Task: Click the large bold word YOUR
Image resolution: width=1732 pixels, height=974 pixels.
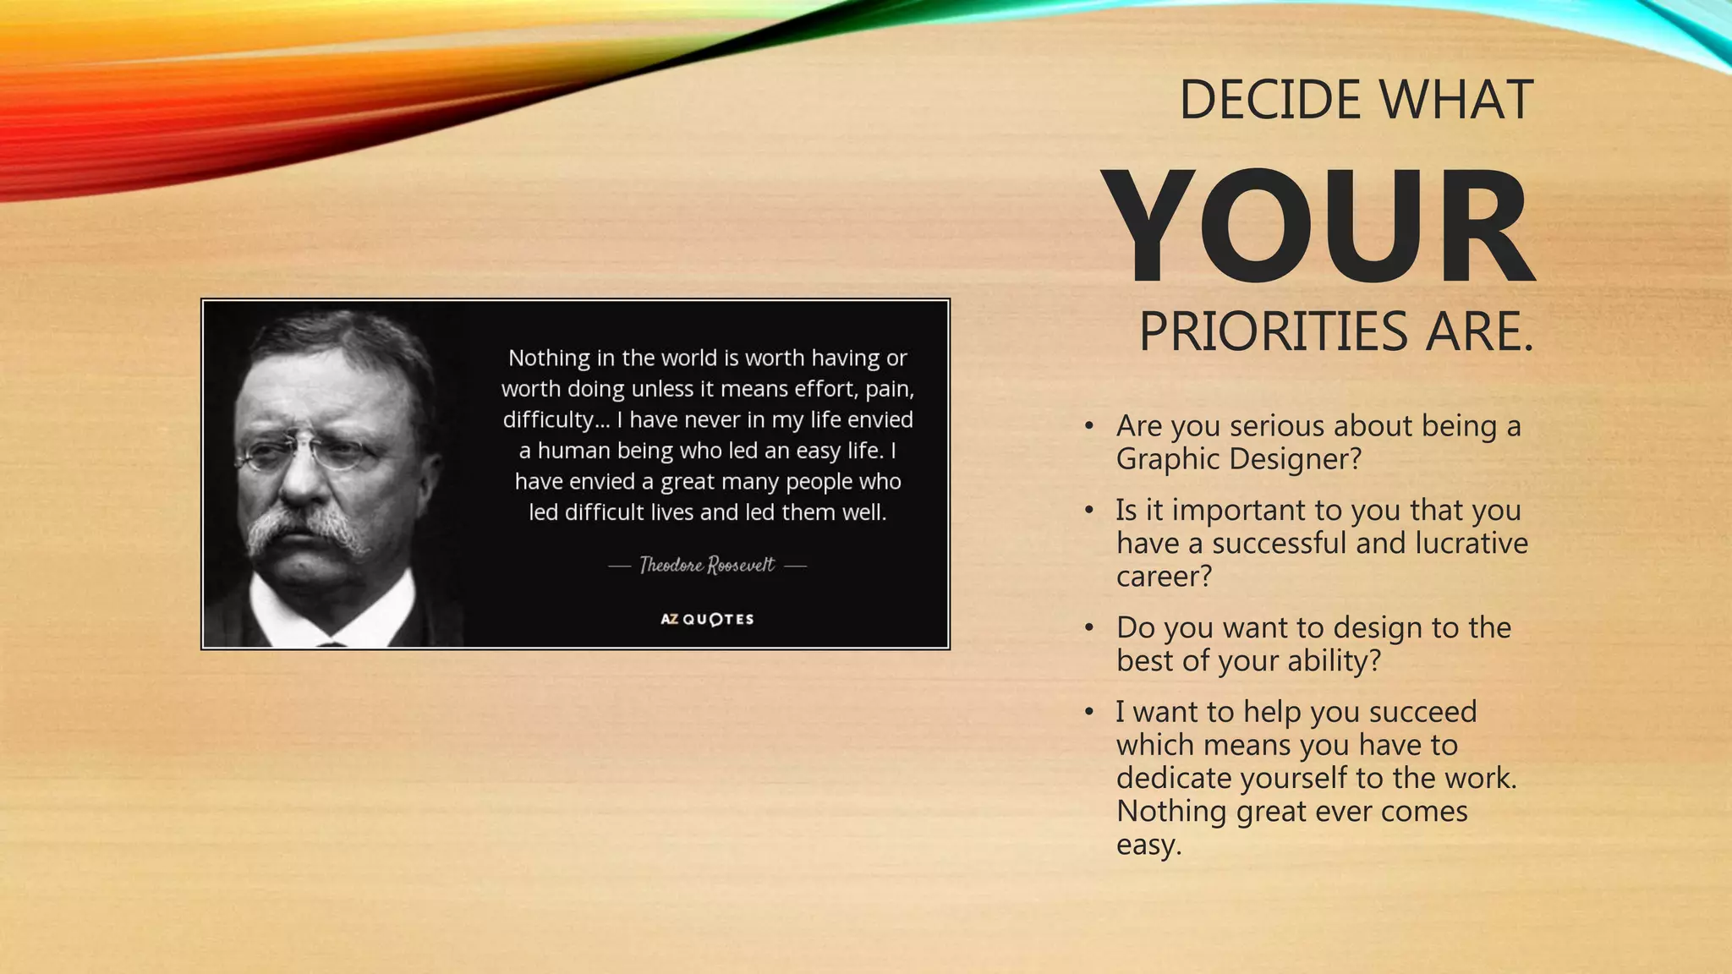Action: click(1318, 227)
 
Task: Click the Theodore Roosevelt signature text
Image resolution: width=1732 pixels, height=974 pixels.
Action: click(707, 565)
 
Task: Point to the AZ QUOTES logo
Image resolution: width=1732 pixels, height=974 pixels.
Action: click(707, 619)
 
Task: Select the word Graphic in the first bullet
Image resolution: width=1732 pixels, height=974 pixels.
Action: click(1168, 459)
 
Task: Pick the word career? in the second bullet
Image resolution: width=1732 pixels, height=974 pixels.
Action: click(1164, 577)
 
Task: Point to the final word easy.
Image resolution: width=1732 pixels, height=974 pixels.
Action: click(1148, 845)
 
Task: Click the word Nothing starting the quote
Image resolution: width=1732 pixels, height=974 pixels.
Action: click(549, 358)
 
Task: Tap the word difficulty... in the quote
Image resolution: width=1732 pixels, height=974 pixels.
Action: click(556, 419)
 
